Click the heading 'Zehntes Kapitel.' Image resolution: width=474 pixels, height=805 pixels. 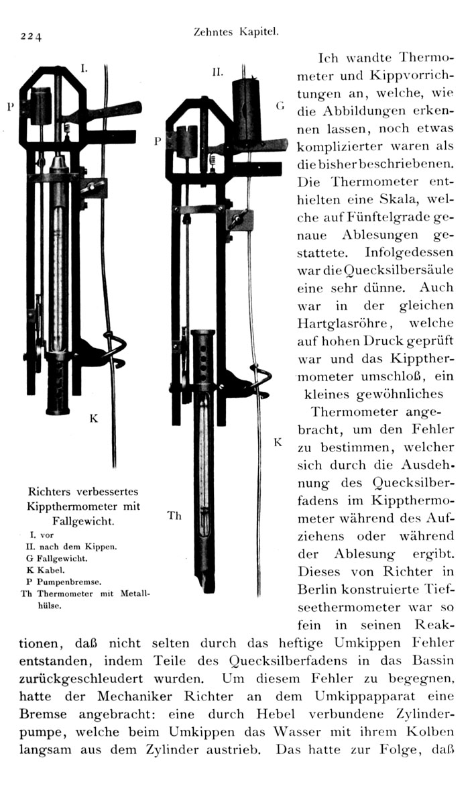234,31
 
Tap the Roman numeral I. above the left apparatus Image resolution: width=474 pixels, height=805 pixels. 84,68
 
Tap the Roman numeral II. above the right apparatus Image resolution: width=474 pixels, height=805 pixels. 217,70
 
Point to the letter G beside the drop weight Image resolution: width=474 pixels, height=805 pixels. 280,107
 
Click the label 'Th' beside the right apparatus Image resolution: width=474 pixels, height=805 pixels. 174,515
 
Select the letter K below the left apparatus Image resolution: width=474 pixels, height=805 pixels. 94,419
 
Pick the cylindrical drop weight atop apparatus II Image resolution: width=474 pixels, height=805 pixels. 245,111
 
